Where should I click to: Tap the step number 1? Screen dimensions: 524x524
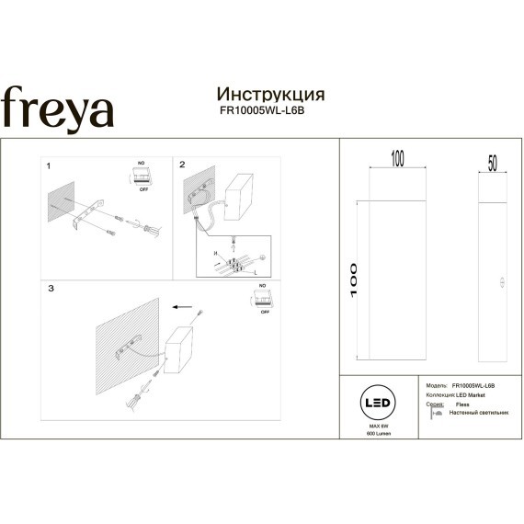click(x=48, y=166)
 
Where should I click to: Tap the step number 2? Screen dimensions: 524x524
click(x=182, y=165)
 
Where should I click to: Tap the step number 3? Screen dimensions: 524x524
click(x=51, y=289)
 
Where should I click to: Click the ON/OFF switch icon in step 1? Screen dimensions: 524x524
click(x=142, y=177)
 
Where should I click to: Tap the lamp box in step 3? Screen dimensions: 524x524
click(x=185, y=353)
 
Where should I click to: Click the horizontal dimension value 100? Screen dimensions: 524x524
click(x=397, y=160)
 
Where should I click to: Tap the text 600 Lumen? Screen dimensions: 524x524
click(x=379, y=432)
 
